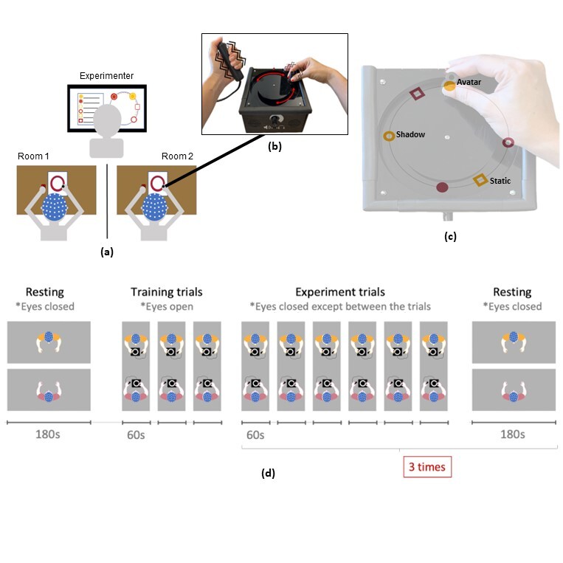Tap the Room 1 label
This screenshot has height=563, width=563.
[x=33, y=156]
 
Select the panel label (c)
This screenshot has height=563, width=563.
[x=450, y=236]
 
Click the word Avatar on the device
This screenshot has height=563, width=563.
[x=469, y=82]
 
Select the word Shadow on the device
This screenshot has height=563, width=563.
[x=411, y=135]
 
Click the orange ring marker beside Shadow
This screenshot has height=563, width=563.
[x=388, y=136]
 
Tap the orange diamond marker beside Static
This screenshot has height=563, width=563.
[x=480, y=179]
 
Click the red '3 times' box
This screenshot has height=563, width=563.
[x=426, y=466]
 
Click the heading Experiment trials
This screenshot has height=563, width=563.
[x=340, y=292]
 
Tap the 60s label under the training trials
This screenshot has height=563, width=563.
[x=134, y=434]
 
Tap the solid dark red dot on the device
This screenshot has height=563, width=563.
[x=442, y=188]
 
